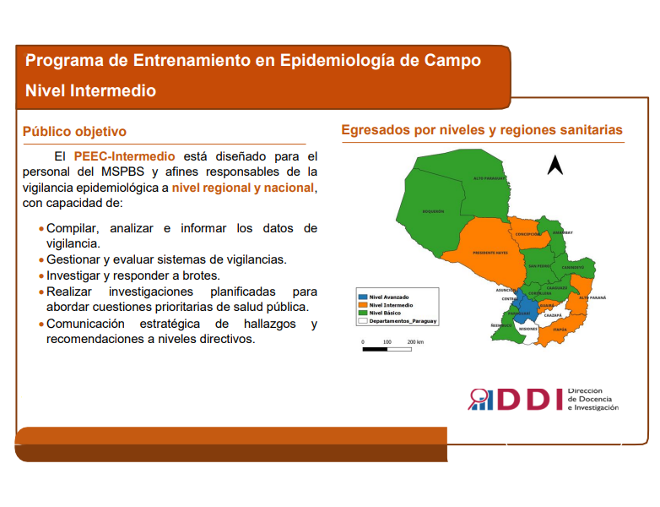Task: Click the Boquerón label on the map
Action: [433, 212]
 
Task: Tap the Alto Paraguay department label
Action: [489, 179]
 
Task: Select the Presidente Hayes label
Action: [490, 252]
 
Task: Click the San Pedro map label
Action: [539, 266]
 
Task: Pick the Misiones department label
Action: [527, 328]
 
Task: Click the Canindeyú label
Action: [573, 266]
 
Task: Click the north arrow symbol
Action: [555, 165]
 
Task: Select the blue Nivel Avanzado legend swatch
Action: [363, 297]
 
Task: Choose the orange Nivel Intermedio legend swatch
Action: [363, 305]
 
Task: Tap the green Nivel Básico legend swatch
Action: [363, 313]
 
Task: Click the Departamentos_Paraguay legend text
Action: [403, 321]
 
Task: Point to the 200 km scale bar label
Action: [414, 342]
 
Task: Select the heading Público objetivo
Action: [74, 132]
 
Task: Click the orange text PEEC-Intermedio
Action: [124, 156]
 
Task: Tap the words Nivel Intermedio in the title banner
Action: [90, 90]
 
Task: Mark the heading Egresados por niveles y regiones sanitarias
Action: [481, 130]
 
